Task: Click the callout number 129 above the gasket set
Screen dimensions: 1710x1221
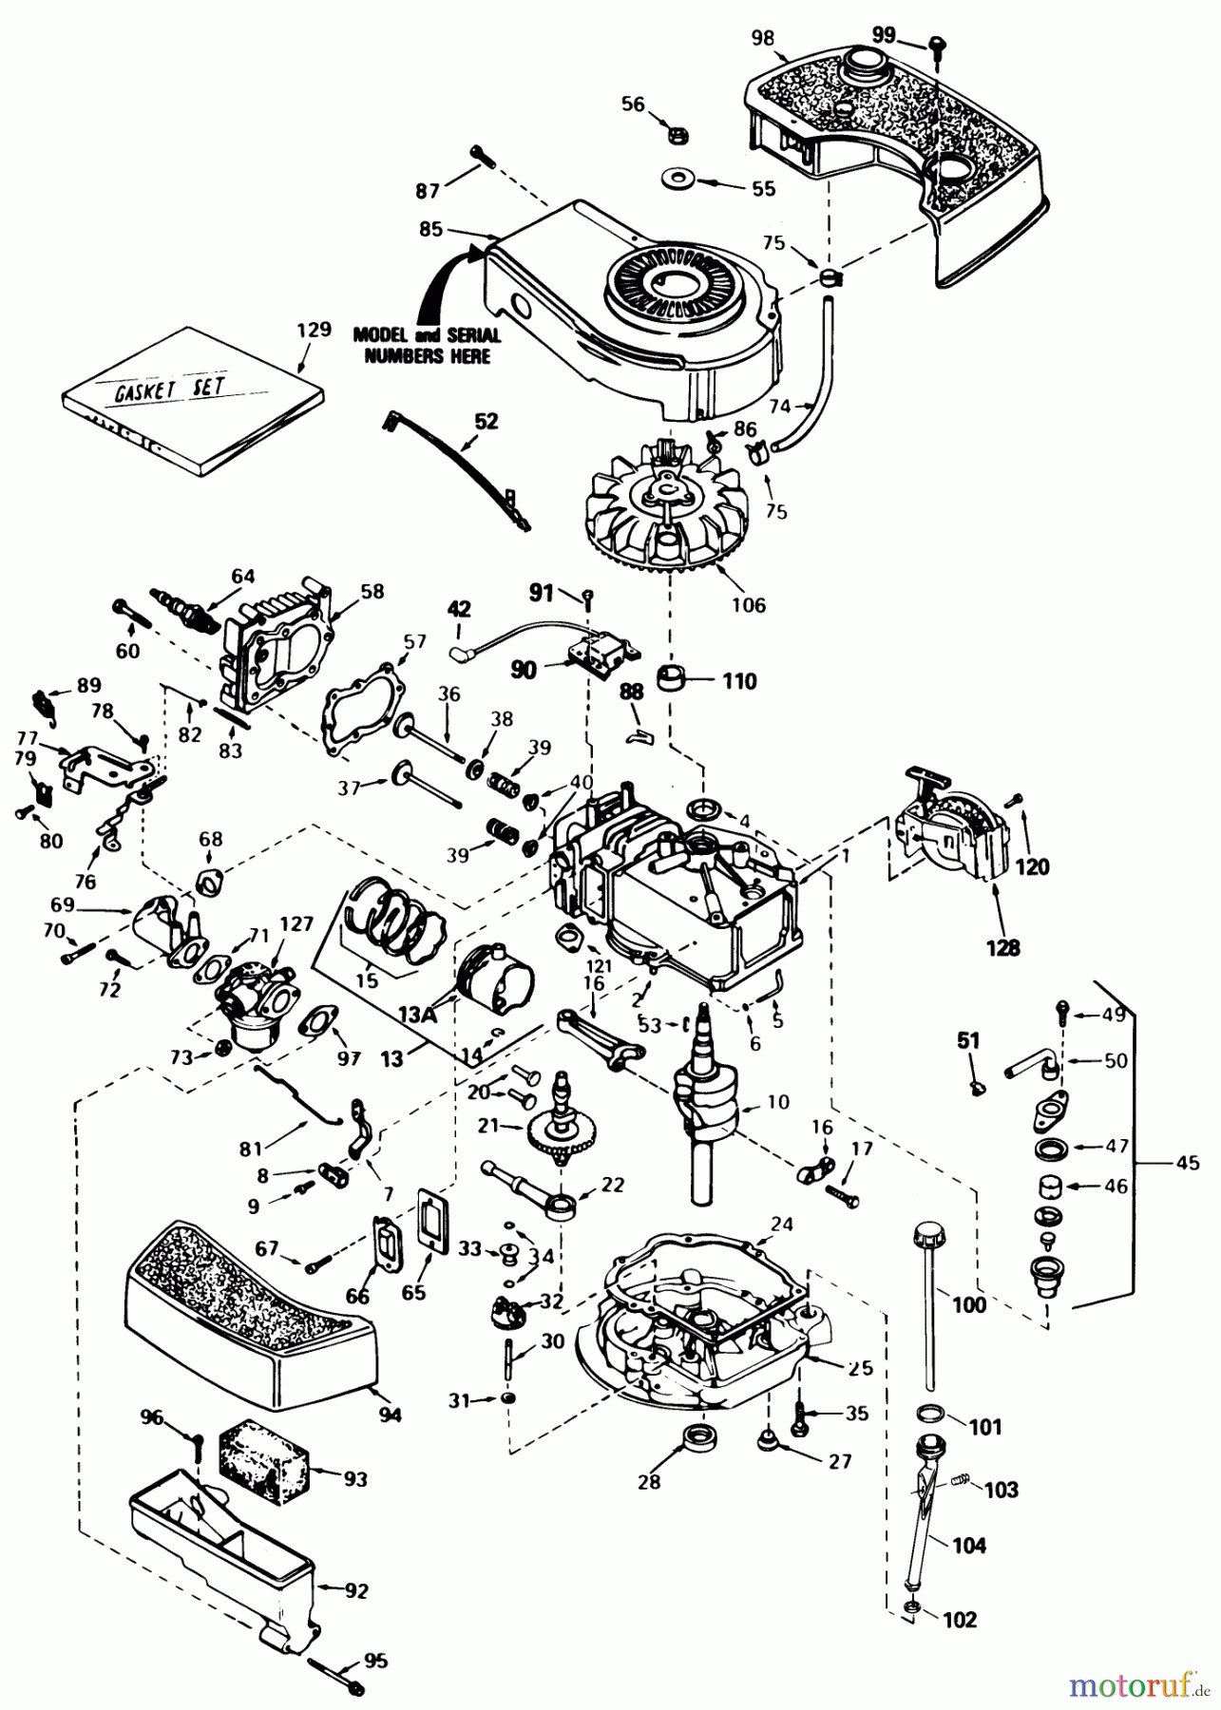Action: point(314,331)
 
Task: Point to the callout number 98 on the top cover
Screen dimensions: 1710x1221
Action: point(762,38)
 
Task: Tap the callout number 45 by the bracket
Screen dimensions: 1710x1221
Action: point(1187,1162)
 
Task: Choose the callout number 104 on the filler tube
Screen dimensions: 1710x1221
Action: point(969,1546)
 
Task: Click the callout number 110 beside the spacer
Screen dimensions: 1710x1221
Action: point(739,681)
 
